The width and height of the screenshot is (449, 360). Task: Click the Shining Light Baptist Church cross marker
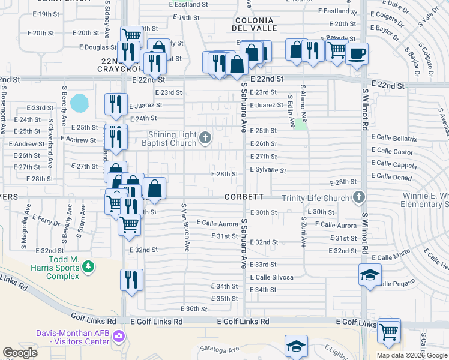click(x=205, y=139)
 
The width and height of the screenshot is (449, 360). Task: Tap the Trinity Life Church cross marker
click(x=359, y=197)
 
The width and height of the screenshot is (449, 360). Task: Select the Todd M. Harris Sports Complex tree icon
click(x=88, y=265)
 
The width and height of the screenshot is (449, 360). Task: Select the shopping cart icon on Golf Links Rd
click(x=389, y=329)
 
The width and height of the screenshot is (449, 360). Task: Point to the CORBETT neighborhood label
click(x=244, y=197)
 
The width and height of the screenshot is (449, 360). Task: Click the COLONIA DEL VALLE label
click(x=255, y=23)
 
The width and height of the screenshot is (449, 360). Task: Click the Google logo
click(x=20, y=353)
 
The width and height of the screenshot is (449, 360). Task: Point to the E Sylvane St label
click(x=268, y=170)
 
